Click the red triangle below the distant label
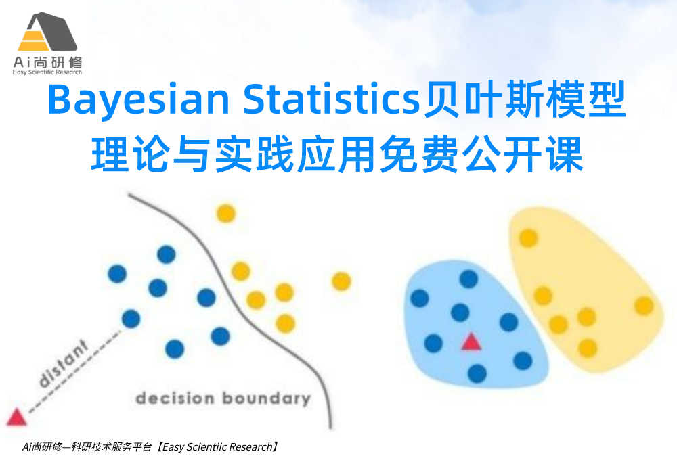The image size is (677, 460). tap(16, 416)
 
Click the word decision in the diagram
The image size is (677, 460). tap(172, 398)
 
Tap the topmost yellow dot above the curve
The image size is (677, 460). tap(225, 214)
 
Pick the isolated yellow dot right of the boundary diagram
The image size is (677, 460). tap(341, 281)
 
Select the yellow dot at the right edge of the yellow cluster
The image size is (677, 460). tap(644, 306)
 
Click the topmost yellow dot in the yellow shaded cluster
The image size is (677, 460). tap(528, 238)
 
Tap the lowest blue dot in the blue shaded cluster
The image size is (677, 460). tap(477, 373)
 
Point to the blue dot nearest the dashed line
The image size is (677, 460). tap(131, 318)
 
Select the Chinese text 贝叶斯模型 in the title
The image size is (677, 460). tap(523, 101)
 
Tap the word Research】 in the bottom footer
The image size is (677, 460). tap(253, 446)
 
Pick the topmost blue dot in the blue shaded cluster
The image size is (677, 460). tap(468, 279)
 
